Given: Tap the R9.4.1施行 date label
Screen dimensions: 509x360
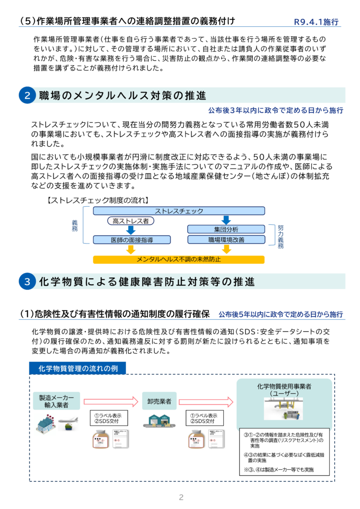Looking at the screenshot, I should pos(316,22).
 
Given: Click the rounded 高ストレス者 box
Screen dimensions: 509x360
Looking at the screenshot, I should pos(130,221).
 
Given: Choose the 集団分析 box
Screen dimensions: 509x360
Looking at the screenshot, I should pos(226,229).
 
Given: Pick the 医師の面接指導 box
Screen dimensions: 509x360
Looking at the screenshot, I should pos(132,240).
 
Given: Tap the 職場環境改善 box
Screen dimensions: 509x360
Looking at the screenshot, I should pos(226,240).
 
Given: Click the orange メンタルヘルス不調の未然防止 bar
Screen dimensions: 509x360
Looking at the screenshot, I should pos(179,259).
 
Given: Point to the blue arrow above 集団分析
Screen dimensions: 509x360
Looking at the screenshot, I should pos(226,220).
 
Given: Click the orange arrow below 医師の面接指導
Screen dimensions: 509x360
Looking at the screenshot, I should pos(131,250).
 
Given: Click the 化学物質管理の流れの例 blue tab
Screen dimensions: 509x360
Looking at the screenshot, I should pos(78,368).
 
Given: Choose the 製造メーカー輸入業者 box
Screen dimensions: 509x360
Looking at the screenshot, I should pos(56,401).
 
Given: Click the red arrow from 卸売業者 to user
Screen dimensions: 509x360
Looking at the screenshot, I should pos(205,401).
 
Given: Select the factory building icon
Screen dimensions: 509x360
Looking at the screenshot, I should pos(46,423).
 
